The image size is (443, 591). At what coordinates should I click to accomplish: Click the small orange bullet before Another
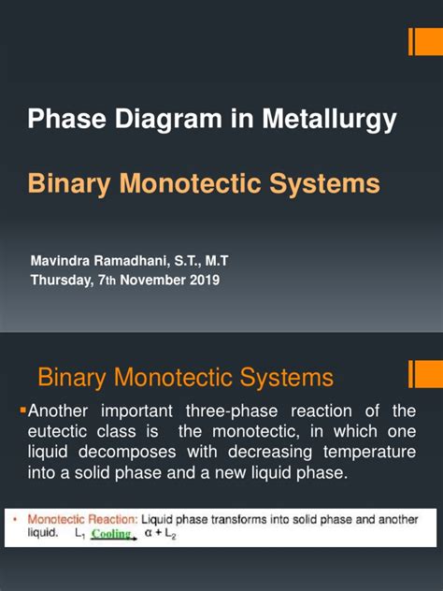(x=24, y=408)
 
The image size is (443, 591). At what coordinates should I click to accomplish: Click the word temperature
(x=369, y=454)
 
